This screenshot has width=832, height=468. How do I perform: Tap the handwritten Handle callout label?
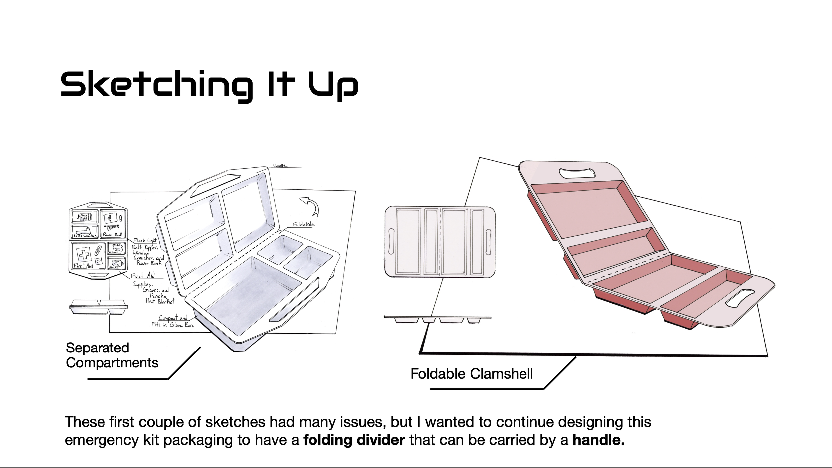[x=280, y=166]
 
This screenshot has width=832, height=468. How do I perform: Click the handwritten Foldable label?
[x=304, y=224]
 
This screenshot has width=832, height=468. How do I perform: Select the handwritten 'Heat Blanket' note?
[x=160, y=301]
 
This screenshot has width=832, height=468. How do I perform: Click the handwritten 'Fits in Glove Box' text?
[x=173, y=324]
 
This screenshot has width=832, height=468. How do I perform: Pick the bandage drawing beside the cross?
[x=98, y=250]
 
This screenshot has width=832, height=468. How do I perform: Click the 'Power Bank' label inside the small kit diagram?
[x=112, y=235]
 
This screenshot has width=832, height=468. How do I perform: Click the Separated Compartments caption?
[x=112, y=355]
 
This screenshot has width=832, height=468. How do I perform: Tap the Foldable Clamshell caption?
[x=472, y=374]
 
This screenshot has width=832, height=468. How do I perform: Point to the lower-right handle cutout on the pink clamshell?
[x=737, y=298]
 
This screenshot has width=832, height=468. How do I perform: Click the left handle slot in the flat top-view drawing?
[x=391, y=242]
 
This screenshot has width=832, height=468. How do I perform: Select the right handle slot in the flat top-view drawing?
[x=488, y=242]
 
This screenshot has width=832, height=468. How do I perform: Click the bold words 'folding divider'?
[x=354, y=440]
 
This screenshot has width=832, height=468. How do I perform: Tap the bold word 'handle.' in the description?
[x=598, y=440]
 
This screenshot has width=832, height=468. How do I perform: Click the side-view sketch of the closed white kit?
[x=99, y=307]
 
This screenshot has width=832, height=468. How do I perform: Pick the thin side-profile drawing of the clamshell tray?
[x=437, y=319]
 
